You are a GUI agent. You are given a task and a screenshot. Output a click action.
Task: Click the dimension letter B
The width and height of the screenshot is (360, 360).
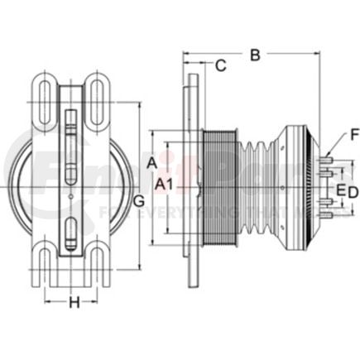click(255, 55)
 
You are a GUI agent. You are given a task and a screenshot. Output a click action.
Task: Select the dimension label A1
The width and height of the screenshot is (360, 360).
click(165, 185)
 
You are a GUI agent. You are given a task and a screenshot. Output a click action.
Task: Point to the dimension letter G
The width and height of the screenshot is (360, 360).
click(139, 201)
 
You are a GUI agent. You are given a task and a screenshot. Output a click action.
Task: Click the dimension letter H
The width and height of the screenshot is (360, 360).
click(74, 303)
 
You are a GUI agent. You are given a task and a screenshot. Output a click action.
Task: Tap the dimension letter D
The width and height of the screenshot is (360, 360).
click(353, 192)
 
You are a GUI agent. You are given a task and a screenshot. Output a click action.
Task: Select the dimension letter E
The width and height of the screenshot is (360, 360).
click(339, 192)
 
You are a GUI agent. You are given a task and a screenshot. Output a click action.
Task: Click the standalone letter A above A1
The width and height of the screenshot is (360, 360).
click(152, 164)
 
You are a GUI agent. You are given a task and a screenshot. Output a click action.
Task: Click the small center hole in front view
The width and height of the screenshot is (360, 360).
click(71, 196)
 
